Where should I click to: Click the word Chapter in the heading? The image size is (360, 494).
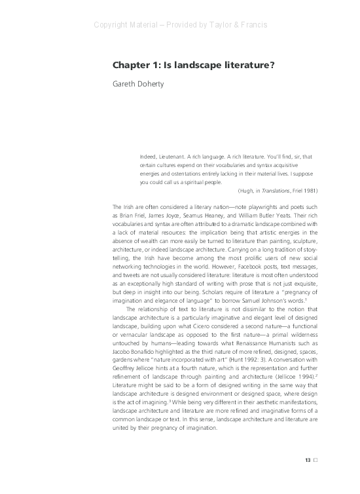coord(130,66)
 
